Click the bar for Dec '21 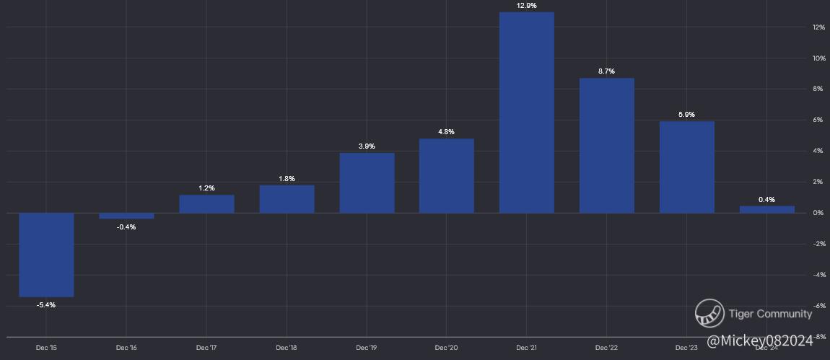pos(527,113)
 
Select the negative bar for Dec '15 pos(46,255)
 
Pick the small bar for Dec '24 pos(767,209)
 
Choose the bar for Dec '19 pos(367,183)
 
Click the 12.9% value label pos(527,6)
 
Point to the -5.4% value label pos(46,304)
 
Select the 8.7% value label pos(607,71)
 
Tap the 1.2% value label pos(206,188)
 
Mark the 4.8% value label pos(447,132)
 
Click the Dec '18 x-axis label pos(287,348)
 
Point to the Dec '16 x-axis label pos(126,348)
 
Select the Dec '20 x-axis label pos(447,348)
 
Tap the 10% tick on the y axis pos(818,58)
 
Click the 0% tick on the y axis pos(818,213)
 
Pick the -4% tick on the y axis pos(818,275)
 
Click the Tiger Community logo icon pos(709,313)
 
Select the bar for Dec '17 pos(206,204)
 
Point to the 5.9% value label pos(687,115)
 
